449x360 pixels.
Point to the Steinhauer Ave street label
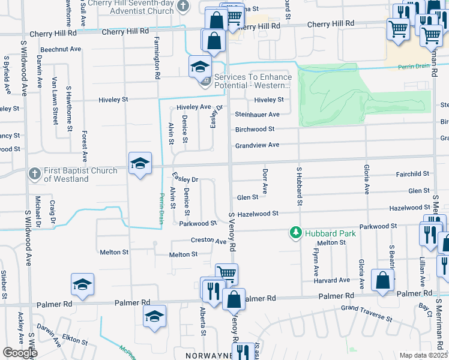pyautogui.click(x=257, y=114)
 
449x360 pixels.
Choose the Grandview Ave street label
pyautogui.click(x=257, y=145)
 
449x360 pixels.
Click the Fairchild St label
pyautogui.click(x=412, y=173)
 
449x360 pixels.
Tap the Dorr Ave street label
pyautogui.click(x=265, y=178)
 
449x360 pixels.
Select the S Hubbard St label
pyautogui.click(x=298, y=187)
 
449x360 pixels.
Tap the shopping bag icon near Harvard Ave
pyautogui.click(x=382, y=280)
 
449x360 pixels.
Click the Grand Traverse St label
pyautogui.click(x=366, y=309)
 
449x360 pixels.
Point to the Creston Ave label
pyautogui.click(x=212, y=241)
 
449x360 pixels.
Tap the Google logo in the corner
pyautogui.click(x=20, y=353)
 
